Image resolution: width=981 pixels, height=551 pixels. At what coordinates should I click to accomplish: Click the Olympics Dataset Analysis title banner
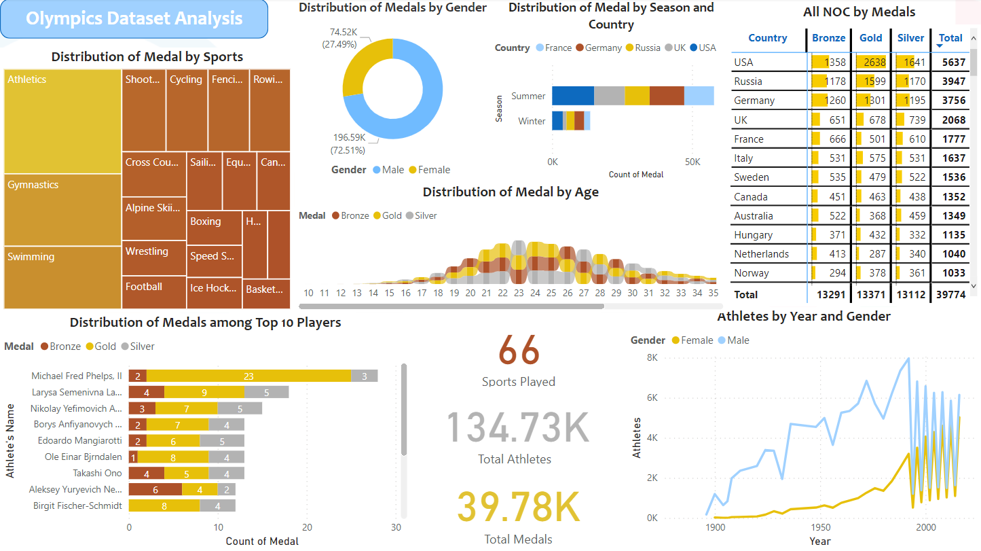coord(134,18)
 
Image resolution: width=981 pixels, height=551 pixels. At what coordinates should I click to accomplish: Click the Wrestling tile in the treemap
coord(153,257)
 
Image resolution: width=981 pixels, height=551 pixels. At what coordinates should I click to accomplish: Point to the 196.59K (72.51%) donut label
coord(348,143)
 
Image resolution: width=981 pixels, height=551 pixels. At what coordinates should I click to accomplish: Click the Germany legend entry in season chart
coord(598,48)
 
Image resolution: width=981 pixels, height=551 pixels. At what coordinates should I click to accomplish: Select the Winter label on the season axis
coord(532,121)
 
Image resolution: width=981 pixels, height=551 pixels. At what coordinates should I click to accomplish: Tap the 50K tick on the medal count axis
coord(692,162)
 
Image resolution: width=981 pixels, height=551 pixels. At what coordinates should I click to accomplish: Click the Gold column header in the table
coord(871,38)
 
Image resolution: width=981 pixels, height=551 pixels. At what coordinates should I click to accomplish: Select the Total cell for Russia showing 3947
coord(953,82)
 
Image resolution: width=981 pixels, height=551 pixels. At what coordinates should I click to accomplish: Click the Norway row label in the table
coord(751,273)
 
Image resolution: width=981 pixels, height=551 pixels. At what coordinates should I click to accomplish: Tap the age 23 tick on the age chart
coord(519,293)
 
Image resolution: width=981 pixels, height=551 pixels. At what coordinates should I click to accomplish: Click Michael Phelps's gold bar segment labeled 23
coord(248,376)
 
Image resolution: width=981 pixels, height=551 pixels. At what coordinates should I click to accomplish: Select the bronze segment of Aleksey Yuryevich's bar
coord(155,489)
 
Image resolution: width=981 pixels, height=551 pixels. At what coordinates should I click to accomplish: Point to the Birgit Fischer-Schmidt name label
coord(77,505)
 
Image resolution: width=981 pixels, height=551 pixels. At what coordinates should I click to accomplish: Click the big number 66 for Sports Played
coord(519,351)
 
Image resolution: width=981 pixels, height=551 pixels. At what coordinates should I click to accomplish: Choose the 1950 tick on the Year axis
coord(820,528)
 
